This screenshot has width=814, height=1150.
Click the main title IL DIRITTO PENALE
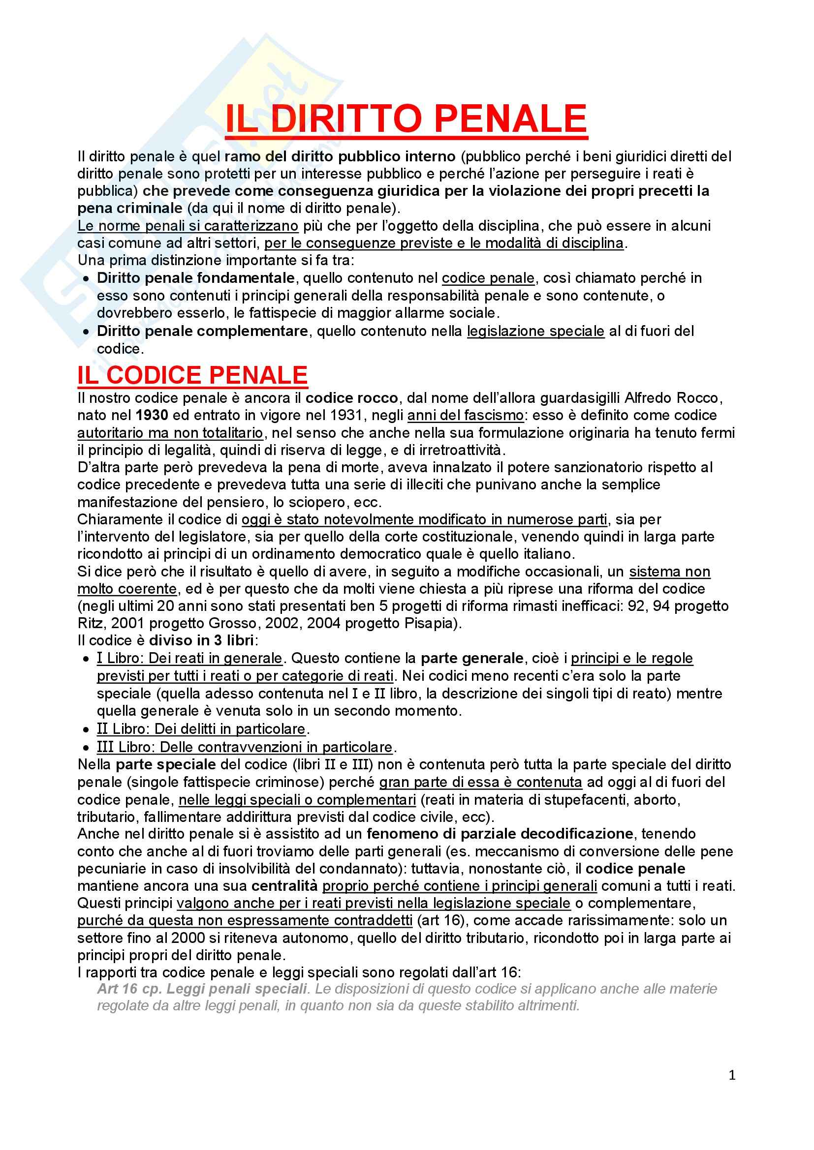[x=406, y=119]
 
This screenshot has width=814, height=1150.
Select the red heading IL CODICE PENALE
[x=192, y=375]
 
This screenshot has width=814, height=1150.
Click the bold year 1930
[x=152, y=415]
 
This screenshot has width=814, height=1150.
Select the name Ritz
[x=90, y=623]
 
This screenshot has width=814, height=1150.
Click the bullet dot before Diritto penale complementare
[x=87, y=332]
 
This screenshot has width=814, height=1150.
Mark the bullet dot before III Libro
[x=87, y=748]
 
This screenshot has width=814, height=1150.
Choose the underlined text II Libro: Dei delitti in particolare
[x=201, y=729]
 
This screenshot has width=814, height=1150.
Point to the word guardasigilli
[x=581, y=398]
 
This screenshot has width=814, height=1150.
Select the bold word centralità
[x=284, y=886]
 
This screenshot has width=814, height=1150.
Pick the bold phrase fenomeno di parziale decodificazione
[x=499, y=834]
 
